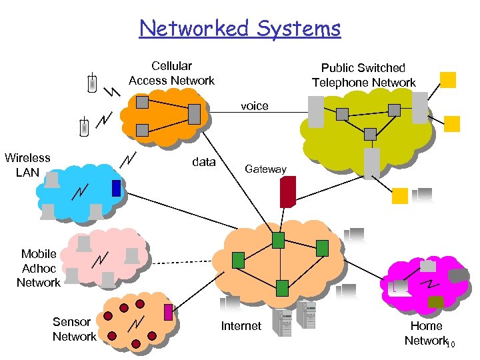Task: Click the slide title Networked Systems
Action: [240, 29]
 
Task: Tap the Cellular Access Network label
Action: [171, 73]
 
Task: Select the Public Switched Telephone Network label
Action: [363, 75]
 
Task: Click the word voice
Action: [254, 106]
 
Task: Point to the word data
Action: [203, 162]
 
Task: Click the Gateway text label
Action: [265, 169]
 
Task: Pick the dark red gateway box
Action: [287, 192]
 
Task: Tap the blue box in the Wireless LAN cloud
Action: [116, 188]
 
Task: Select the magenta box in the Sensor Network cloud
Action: [168, 312]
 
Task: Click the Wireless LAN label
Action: [27, 165]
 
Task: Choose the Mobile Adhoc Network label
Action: [39, 268]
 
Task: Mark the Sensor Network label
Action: [74, 329]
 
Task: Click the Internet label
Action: [241, 326]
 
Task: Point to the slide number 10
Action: [451, 344]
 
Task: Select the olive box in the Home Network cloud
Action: [435, 302]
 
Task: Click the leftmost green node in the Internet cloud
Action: [237, 259]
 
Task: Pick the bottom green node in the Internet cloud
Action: [282, 288]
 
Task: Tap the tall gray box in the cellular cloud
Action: [194, 114]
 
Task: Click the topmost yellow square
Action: [449, 80]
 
